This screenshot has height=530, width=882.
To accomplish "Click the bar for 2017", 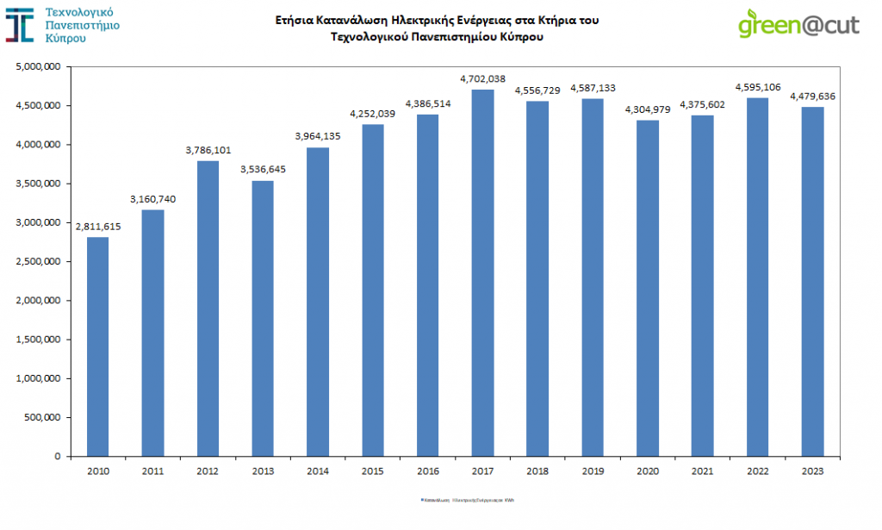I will tap(483, 272).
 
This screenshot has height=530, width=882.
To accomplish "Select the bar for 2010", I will tap(97, 346).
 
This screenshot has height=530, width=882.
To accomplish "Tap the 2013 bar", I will tap(263, 318).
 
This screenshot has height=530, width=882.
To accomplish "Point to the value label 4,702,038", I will tap(483, 78).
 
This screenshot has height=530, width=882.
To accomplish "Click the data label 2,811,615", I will tap(97, 226).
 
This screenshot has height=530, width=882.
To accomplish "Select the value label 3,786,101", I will tap(208, 150).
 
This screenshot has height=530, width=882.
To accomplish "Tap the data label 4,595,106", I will tap(758, 87).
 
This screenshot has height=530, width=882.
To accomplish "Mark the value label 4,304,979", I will tap(648, 109).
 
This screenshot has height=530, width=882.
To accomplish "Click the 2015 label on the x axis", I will tap(373, 471).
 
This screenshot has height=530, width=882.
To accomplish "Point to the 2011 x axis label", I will tap(152, 471).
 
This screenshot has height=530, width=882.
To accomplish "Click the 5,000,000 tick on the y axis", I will tap(38, 66).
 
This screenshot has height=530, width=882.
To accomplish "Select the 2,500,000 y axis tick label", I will tap(38, 262).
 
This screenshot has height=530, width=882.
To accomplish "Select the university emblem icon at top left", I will tap(20, 25).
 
